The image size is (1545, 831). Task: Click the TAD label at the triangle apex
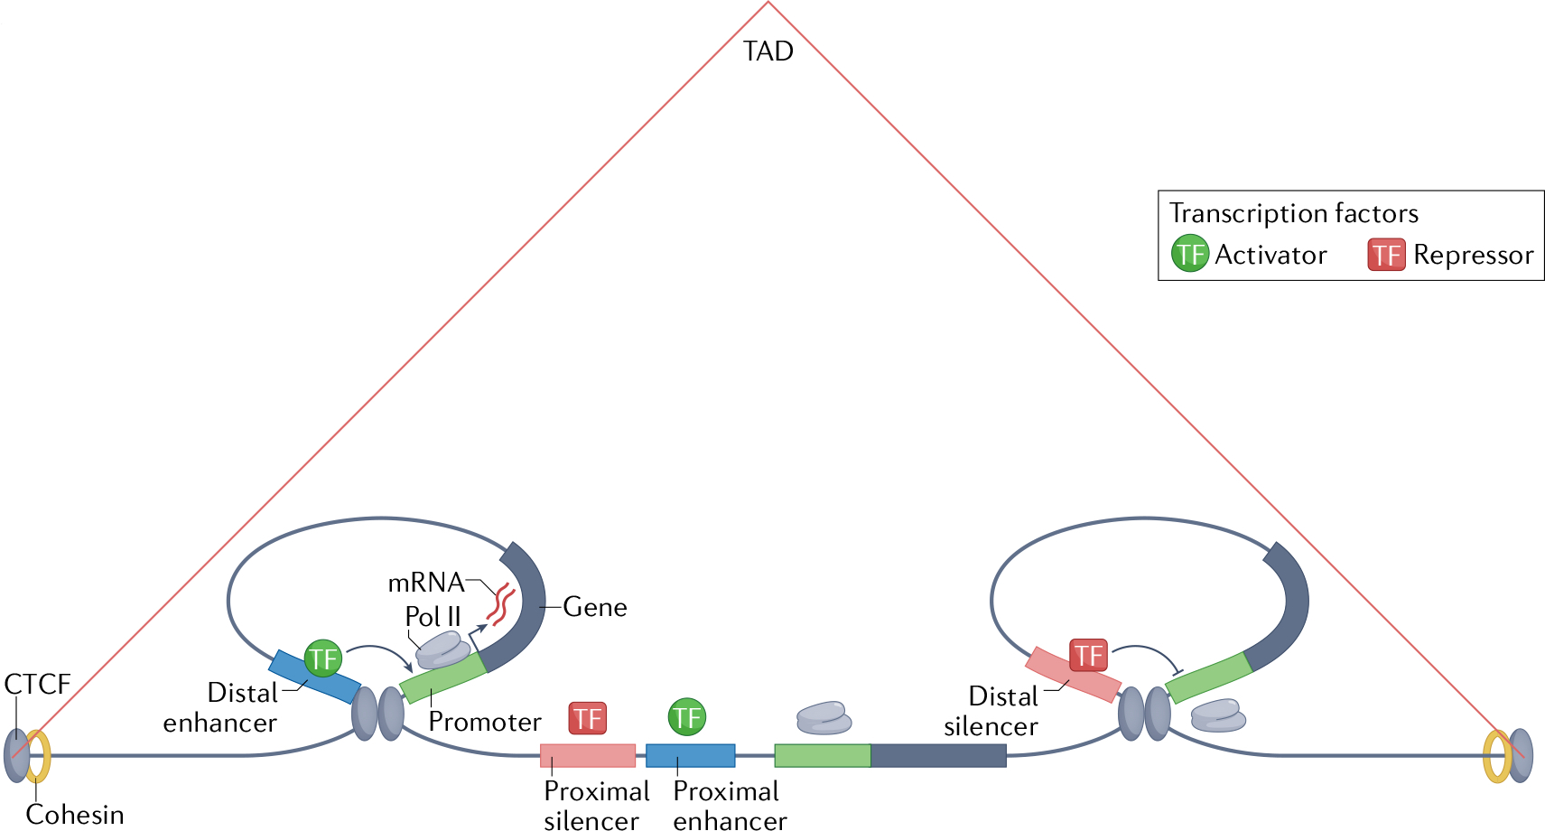[x=768, y=51]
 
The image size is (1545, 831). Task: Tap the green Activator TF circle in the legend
[x=1189, y=254]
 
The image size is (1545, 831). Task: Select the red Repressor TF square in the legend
[x=1386, y=255]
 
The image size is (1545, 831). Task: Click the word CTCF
[x=37, y=684]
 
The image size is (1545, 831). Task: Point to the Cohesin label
[x=75, y=814]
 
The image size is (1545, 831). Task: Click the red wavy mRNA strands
[x=499, y=605]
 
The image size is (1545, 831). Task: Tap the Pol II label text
[x=433, y=616]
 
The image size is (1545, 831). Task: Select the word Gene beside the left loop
[x=594, y=607]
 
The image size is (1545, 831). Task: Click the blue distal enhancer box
[x=315, y=677]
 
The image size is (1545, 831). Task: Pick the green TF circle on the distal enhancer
[x=322, y=658]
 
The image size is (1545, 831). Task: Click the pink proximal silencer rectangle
[x=587, y=755]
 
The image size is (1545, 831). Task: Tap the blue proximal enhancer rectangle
[x=690, y=755]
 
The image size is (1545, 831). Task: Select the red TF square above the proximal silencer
[x=587, y=718]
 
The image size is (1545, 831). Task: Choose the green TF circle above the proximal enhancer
[x=686, y=717]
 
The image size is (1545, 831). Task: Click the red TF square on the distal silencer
[x=1088, y=655]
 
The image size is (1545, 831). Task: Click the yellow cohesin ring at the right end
[x=1495, y=757]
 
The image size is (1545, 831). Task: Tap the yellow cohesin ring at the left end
[x=39, y=757]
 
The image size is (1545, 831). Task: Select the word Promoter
[x=484, y=722]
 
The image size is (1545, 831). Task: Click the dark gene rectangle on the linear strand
[x=938, y=755]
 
